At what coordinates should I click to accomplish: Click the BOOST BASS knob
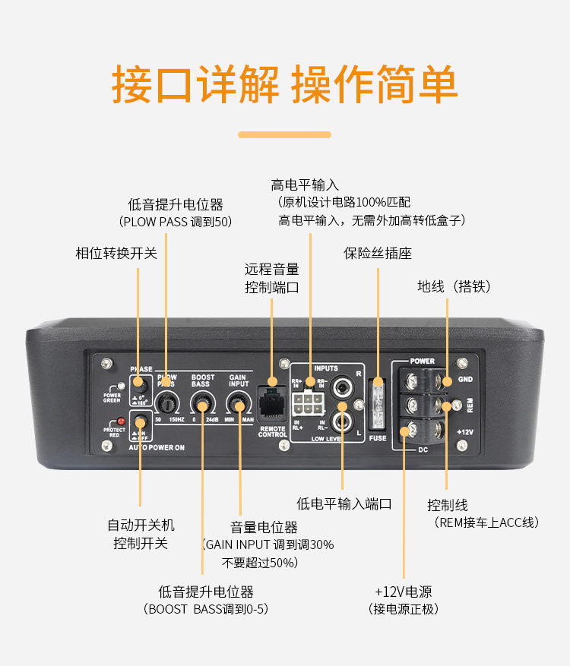pyautogui.click(x=202, y=402)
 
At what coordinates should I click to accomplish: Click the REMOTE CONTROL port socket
pyautogui.click(x=271, y=403)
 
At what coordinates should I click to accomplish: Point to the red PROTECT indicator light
pyautogui.click(x=120, y=421)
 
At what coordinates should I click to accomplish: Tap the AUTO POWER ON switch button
pyautogui.click(x=140, y=422)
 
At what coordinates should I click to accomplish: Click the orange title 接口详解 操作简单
pyautogui.click(x=285, y=85)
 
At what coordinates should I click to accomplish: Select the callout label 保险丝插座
pyautogui.click(x=378, y=254)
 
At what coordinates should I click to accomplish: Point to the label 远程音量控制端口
pyautogui.click(x=272, y=279)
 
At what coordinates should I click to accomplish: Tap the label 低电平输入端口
pyautogui.click(x=344, y=503)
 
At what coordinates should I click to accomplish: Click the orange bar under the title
pyautogui.click(x=285, y=134)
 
